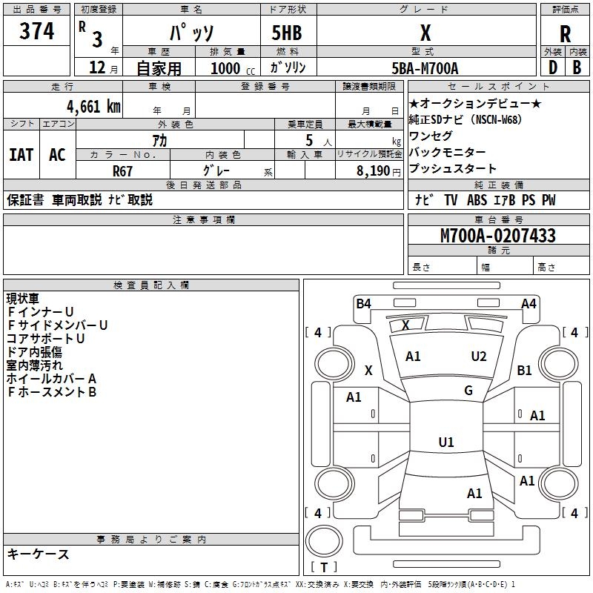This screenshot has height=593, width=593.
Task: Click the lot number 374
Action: pyautogui.click(x=37, y=31)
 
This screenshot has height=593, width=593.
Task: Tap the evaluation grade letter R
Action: pyautogui.click(x=565, y=33)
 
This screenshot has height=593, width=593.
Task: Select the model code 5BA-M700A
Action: pyautogui.click(x=425, y=68)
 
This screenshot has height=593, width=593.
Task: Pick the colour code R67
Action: pyautogui.click(x=122, y=170)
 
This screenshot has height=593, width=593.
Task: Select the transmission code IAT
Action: pyautogui.click(x=21, y=155)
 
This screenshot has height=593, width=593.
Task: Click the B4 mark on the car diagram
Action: pyautogui.click(x=363, y=303)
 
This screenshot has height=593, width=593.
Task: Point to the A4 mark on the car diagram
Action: pyautogui.click(x=529, y=303)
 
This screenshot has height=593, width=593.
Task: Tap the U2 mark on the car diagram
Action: pyautogui.click(x=479, y=357)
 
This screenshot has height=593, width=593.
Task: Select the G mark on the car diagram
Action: pyautogui.click(x=468, y=391)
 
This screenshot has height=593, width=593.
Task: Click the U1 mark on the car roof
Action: pyautogui.click(x=445, y=443)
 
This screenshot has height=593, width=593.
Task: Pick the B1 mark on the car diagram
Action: pyautogui.click(x=524, y=370)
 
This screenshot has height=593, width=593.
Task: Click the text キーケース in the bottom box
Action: pyautogui.click(x=38, y=554)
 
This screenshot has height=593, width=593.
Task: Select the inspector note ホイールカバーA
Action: pyautogui.click(x=51, y=379)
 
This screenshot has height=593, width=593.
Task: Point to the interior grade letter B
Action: pyautogui.click(x=577, y=67)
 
